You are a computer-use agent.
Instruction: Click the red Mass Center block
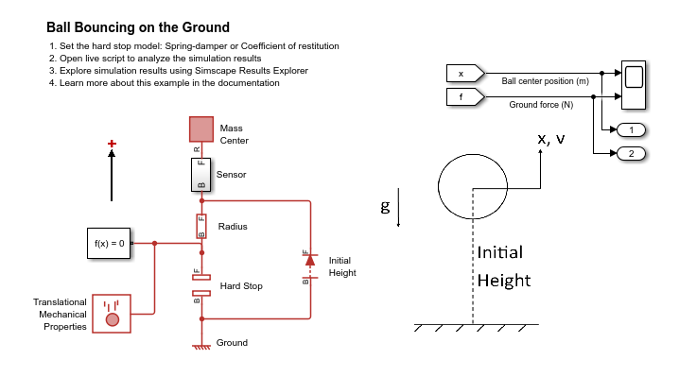click(201, 129)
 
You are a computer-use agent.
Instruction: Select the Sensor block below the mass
click(200, 175)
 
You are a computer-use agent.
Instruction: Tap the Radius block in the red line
click(201, 226)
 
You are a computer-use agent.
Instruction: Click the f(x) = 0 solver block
click(109, 243)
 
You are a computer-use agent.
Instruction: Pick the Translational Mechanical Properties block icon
click(112, 314)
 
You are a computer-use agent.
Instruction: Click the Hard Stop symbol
click(201, 285)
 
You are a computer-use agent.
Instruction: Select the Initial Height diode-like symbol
click(310, 266)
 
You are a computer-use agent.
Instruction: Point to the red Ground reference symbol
click(201, 346)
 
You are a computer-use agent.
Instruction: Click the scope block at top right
click(634, 85)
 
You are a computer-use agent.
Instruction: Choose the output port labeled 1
click(631, 129)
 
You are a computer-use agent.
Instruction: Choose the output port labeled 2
click(631, 153)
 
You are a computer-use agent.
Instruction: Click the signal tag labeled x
click(465, 74)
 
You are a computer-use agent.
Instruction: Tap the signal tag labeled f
click(465, 97)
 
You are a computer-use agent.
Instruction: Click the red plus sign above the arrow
click(112, 144)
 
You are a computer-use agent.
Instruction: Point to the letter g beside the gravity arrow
click(385, 207)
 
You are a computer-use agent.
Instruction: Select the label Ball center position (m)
click(546, 81)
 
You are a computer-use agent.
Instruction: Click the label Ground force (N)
click(541, 104)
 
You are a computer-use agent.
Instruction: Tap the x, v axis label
click(551, 139)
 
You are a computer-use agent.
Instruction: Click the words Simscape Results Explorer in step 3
click(252, 71)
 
